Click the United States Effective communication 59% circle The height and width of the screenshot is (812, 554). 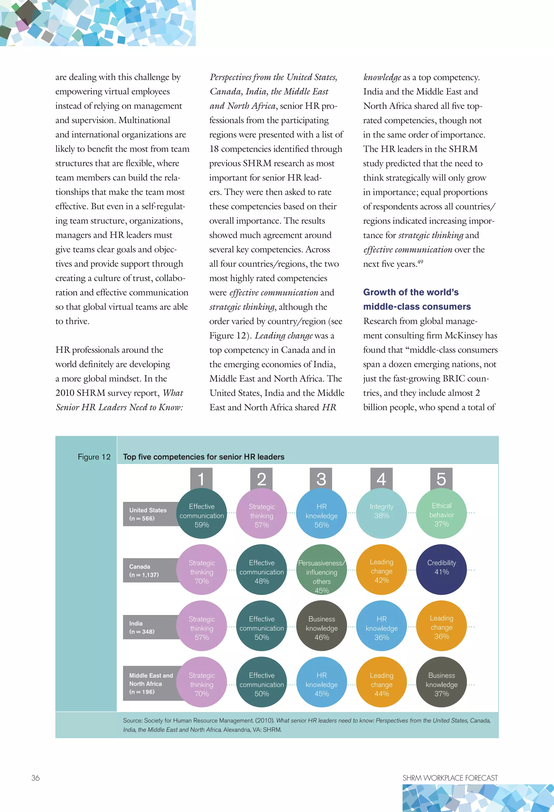pyautogui.click(x=202, y=513)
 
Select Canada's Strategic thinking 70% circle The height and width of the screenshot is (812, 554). pyautogui.click(x=202, y=570)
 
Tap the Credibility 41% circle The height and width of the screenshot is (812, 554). pyautogui.click(x=441, y=570)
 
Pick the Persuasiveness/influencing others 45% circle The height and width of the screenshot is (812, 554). pyautogui.click(x=321, y=570)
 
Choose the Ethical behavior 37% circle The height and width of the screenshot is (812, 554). pyautogui.click(x=441, y=513)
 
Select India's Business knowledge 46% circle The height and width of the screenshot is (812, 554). pyautogui.click(x=321, y=626)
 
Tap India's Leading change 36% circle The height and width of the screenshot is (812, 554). pyautogui.click(x=441, y=626)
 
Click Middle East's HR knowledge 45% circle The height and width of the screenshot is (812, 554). pyautogui.click(x=321, y=682)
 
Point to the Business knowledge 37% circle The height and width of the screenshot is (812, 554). pyautogui.click(x=441, y=682)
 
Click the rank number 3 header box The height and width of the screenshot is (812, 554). pyautogui.click(x=321, y=478)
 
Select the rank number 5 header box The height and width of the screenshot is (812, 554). pyautogui.click(x=441, y=478)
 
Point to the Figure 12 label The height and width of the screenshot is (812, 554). pyautogui.click(x=94, y=457)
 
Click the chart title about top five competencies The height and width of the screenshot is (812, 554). pyautogui.click(x=203, y=457)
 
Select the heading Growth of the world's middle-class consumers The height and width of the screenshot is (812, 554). pyautogui.click(x=417, y=299)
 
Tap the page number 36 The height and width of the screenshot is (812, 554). pyautogui.click(x=35, y=778)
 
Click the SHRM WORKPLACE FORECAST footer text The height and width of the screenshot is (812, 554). pyautogui.click(x=450, y=778)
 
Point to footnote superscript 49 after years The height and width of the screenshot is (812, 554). pyautogui.click(x=420, y=261)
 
